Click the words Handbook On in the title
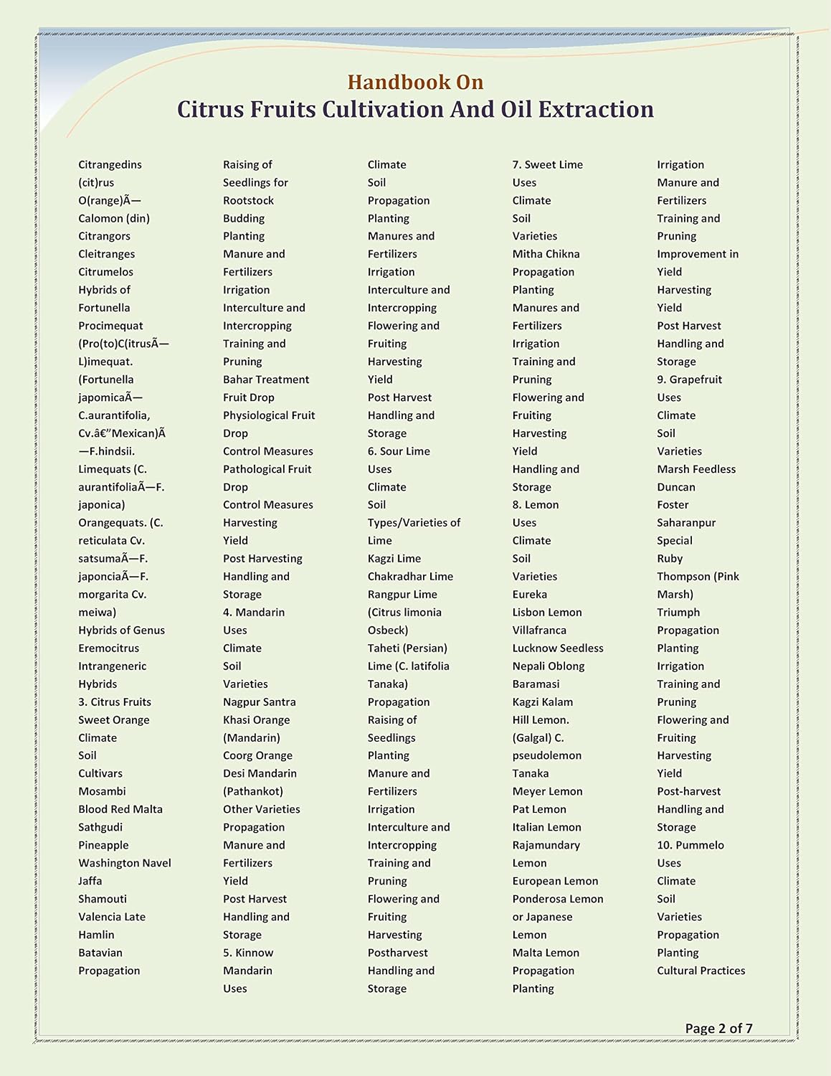(x=415, y=82)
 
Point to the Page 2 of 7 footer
(x=718, y=1028)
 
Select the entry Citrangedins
(x=110, y=165)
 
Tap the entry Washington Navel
(x=125, y=863)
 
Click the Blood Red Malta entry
(x=120, y=809)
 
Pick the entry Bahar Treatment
(x=266, y=379)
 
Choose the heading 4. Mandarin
(x=254, y=613)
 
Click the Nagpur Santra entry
(x=259, y=702)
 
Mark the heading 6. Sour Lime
(x=399, y=451)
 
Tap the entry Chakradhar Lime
(x=410, y=577)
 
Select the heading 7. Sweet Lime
(x=547, y=165)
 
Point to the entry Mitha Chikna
(x=546, y=254)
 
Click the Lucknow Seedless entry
(x=558, y=648)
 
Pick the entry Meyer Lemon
(x=547, y=791)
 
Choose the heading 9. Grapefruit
(x=689, y=379)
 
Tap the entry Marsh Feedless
(x=696, y=469)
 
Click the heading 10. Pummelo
(x=690, y=845)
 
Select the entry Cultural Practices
(x=701, y=971)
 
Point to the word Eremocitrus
(x=109, y=648)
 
